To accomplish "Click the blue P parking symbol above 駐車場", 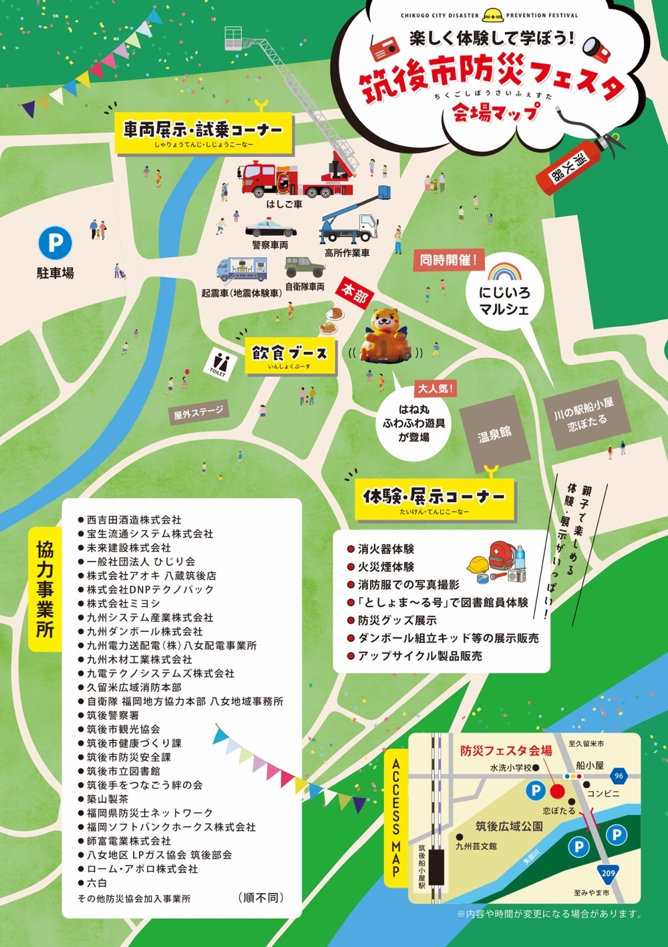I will [x=55, y=242].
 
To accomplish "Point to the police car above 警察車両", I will [x=271, y=229].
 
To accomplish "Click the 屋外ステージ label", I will [x=198, y=413].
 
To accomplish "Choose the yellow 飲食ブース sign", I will [x=289, y=355].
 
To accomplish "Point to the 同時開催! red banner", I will [x=448, y=260].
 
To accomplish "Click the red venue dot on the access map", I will [x=557, y=791].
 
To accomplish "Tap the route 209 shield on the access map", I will [x=608, y=872].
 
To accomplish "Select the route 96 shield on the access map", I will [x=619, y=775].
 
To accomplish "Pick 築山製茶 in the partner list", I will [x=108, y=799].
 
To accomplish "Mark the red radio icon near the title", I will [x=384, y=47].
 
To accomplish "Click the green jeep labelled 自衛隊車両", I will [x=305, y=268].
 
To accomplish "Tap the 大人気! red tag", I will [x=436, y=388].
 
